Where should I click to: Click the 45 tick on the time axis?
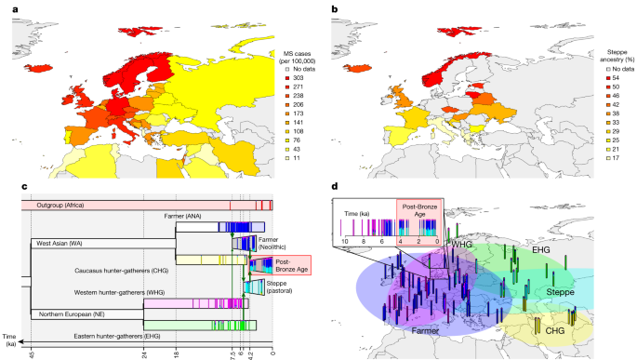31,353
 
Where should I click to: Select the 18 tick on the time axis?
176,353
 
